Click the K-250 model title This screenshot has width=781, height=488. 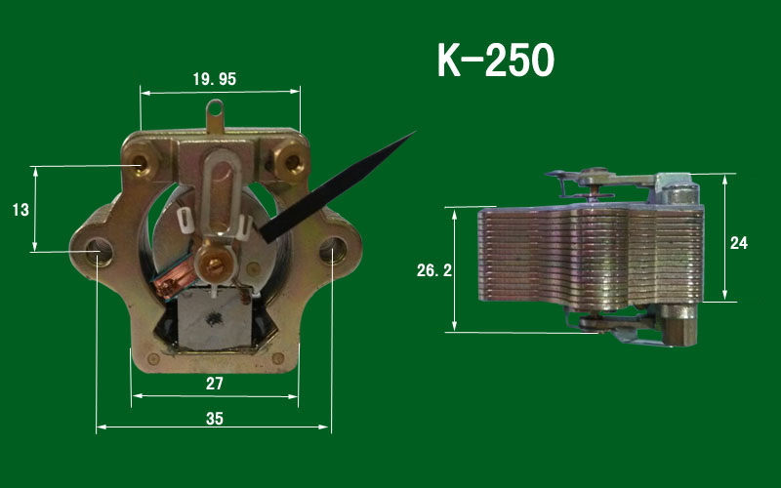(x=495, y=61)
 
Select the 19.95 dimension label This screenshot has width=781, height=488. (x=214, y=79)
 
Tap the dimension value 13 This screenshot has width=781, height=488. (x=19, y=209)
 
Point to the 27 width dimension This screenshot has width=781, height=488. (x=215, y=384)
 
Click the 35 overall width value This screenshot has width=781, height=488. (x=215, y=419)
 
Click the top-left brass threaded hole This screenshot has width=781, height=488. (x=145, y=158)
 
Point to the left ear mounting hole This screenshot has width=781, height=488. (x=97, y=250)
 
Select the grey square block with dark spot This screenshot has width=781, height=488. (x=216, y=320)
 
